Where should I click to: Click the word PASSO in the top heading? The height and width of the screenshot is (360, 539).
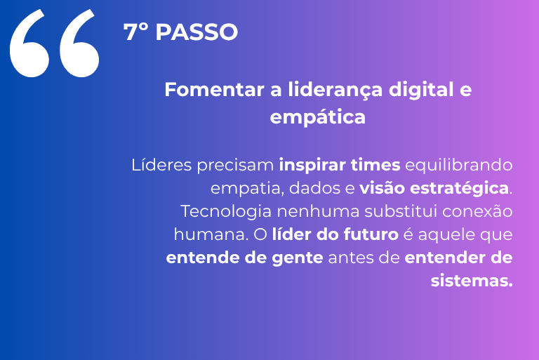pyautogui.click(x=197, y=32)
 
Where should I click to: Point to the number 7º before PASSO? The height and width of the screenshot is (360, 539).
pyautogui.click(x=135, y=32)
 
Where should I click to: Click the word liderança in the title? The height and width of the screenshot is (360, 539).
pyautogui.click(x=335, y=90)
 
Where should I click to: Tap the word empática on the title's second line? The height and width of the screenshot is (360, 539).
pyautogui.click(x=318, y=118)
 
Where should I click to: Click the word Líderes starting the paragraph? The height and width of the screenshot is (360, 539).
pyautogui.click(x=161, y=165)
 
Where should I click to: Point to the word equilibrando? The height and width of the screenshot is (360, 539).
pyautogui.click(x=459, y=166)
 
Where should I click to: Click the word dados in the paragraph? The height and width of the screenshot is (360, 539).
pyautogui.click(x=312, y=188)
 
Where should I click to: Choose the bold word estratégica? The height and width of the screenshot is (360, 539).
pyautogui.click(x=459, y=189)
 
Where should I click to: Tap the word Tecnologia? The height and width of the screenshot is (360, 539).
pyautogui.click(x=226, y=211)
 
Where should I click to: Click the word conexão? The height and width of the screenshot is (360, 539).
pyautogui.click(x=477, y=211)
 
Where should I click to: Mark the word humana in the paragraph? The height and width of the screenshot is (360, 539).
pyautogui.click(x=211, y=235)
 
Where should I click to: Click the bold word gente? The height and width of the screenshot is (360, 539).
pyautogui.click(x=298, y=258)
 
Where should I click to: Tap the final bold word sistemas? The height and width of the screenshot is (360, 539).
pyautogui.click(x=472, y=281)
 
